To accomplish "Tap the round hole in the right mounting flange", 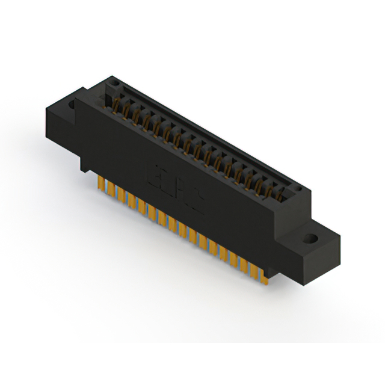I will pyautogui.click(x=313, y=237).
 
